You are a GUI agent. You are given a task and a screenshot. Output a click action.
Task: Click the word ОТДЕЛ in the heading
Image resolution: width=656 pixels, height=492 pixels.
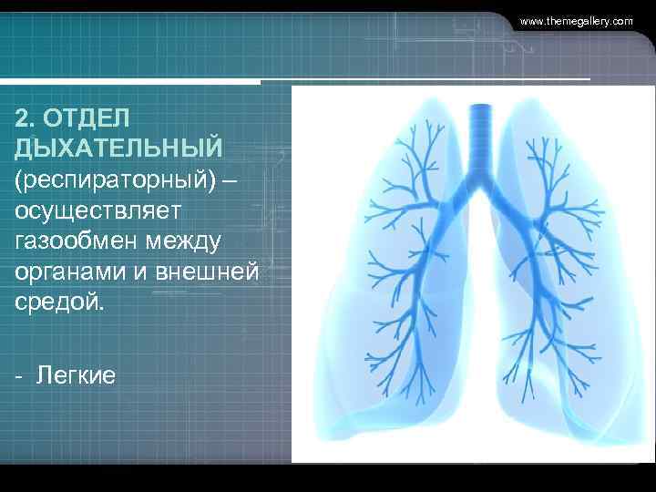[87, 118]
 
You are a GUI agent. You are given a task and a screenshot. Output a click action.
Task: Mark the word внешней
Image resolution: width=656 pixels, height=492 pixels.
[210, 272]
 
